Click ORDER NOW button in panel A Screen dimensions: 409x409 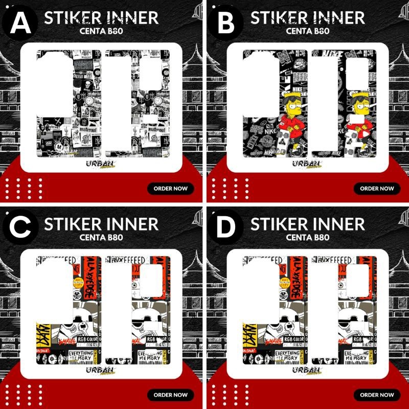[x=171, y=188]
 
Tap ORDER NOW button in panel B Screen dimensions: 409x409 [x=377, y=188]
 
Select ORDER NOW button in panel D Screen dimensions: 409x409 [x=377, y=395]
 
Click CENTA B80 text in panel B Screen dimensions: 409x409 [x=307, y=31]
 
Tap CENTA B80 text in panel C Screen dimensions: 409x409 [x=101, y=237]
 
